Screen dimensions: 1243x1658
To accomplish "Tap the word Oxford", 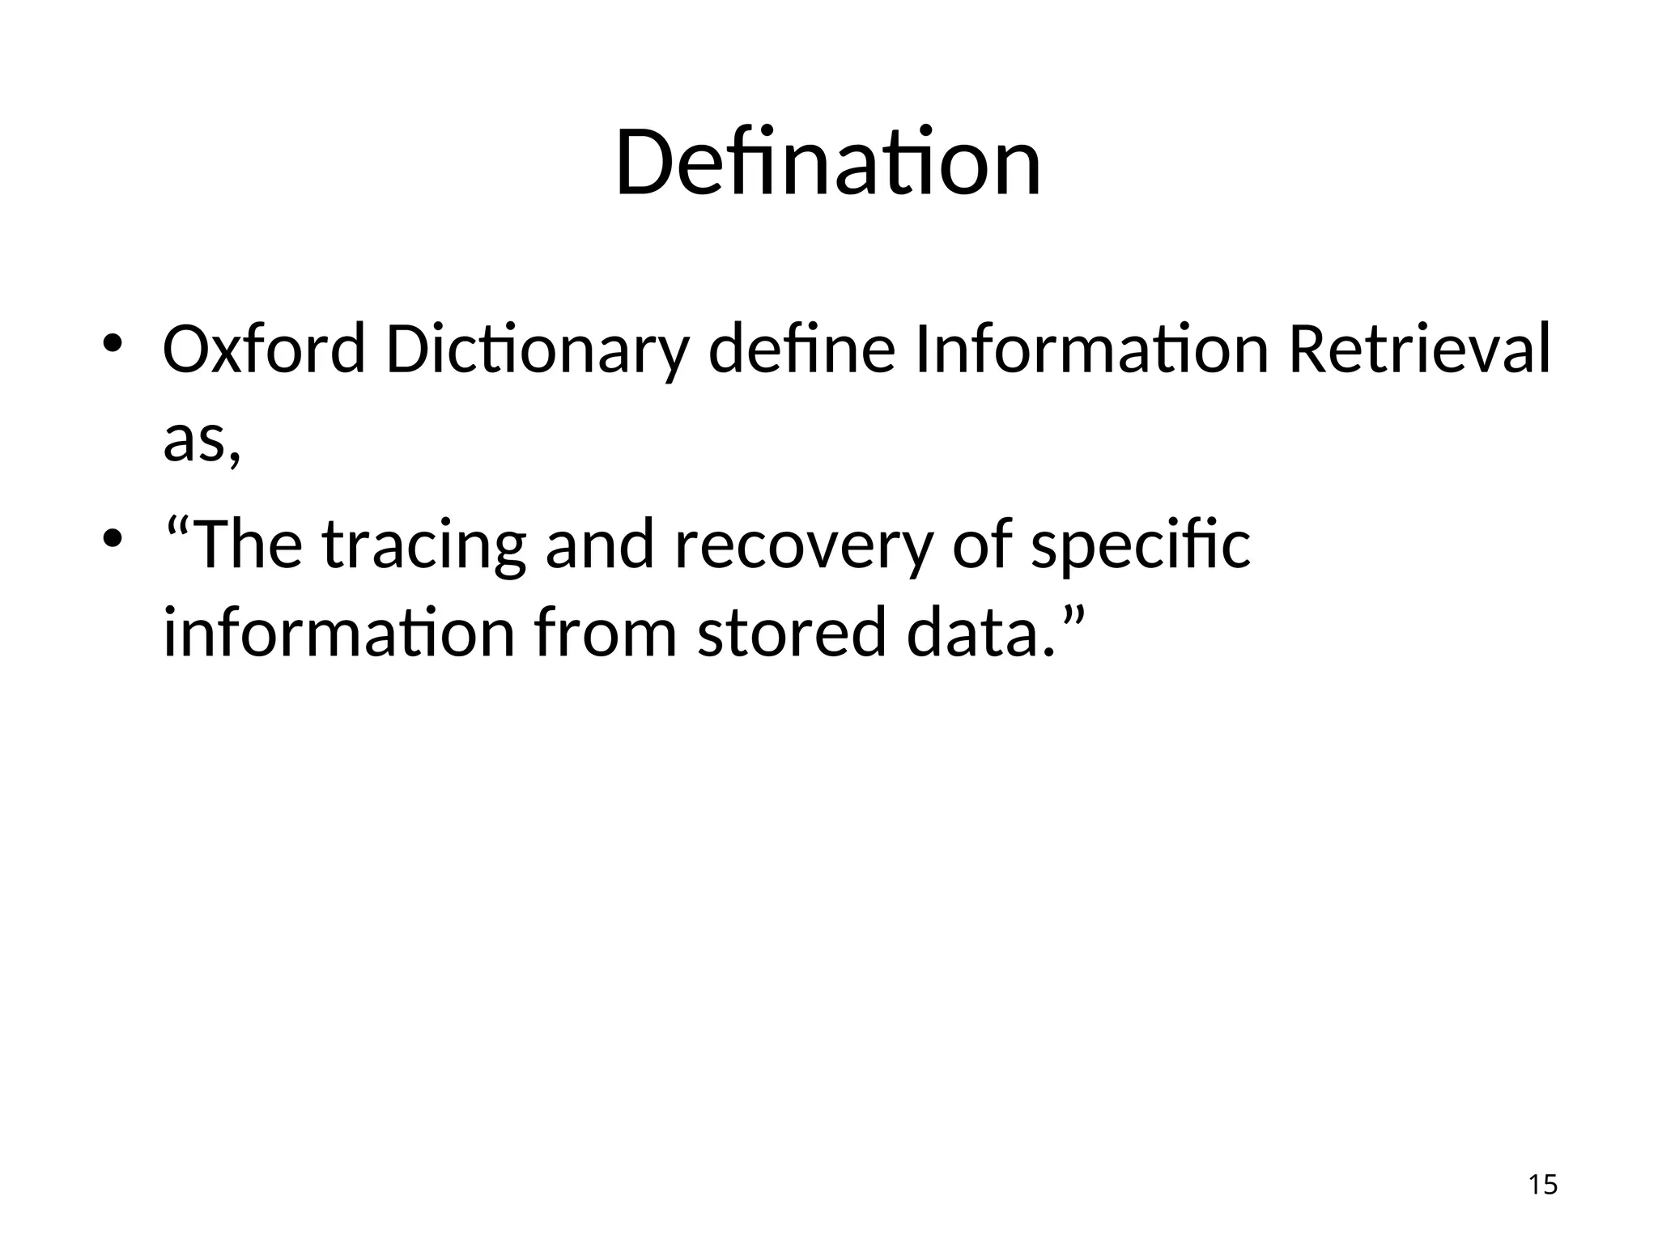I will coord(264,350).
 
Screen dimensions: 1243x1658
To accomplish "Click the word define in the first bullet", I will coord(801,350).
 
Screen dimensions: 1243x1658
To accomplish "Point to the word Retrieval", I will coord(1418,350).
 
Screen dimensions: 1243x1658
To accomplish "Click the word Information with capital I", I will coord(1091,350).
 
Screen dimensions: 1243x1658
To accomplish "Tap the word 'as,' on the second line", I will coord(202,442).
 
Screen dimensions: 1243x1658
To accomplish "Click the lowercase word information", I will coord(338,633).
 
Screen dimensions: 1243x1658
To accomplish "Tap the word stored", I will coord(792,633).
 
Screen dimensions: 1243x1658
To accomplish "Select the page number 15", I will coord(1542,1184).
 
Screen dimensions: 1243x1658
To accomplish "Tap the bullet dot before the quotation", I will coord(112,537).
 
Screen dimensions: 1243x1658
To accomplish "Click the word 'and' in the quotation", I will coord(599,544).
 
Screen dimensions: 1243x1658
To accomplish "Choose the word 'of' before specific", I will coord(981,544).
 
